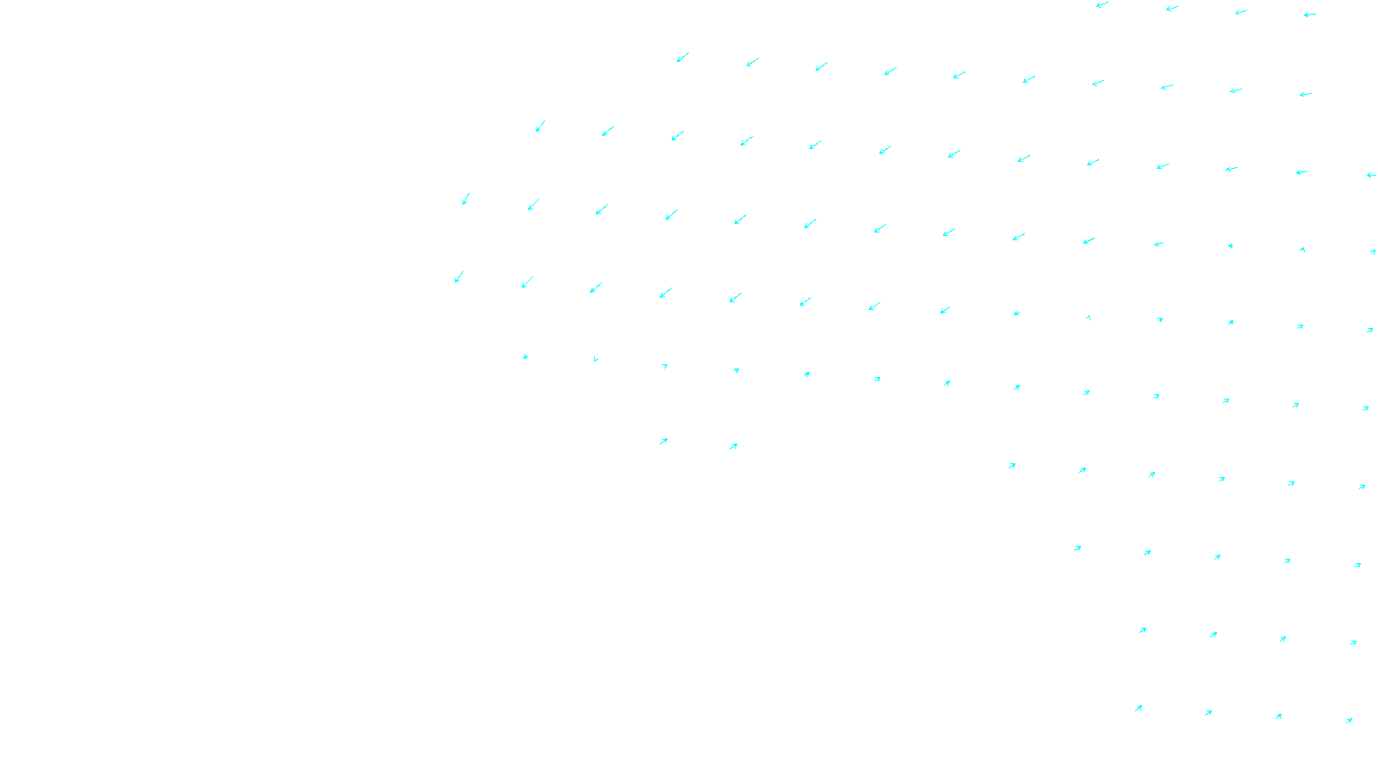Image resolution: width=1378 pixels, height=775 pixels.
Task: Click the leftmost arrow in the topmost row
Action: click(x=1102, y=5)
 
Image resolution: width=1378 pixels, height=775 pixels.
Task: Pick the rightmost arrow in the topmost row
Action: click(x=1310, y=15)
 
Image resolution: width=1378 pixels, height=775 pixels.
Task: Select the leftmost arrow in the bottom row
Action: click(x=1139, y=709)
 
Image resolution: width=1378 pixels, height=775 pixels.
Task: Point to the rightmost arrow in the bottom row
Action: click(x=1349, y=721)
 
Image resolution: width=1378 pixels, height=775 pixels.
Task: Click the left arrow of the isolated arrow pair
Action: click(x=663, y=442)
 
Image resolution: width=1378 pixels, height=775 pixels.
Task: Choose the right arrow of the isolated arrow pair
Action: click(x=733, y=446)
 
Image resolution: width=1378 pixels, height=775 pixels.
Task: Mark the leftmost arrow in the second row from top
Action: click(x=682, y=58)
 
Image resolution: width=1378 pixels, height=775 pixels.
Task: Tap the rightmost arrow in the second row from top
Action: click(x=1306, y=94)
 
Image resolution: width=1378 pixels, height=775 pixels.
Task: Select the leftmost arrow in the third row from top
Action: click(x=541, y=126)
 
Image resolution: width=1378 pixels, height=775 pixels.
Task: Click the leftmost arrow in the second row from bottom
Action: click(x=1143, y=630)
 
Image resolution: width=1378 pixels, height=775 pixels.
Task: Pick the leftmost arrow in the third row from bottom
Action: click(x=1077, y=549)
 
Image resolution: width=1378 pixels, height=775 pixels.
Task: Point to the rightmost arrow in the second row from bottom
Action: click(x=1354, y=642)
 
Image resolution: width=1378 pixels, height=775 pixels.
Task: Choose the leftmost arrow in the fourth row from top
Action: click(x=466, y=199)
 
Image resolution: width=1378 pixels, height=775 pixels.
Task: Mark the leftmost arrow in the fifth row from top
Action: click(x=459, y=276)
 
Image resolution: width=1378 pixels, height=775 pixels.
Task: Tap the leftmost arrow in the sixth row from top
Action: click(x=525, y=356)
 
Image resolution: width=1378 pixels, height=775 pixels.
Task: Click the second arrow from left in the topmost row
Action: click(x=1171, y=9)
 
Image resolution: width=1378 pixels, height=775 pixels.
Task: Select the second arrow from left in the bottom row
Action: click(x=1208, y=713)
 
